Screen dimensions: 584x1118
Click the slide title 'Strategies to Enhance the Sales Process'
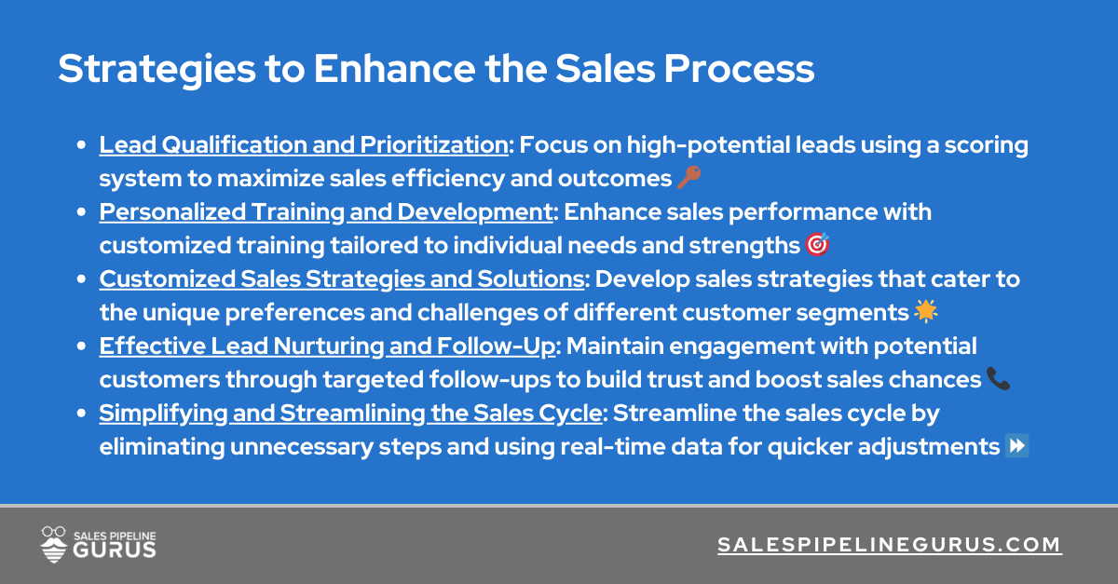tap(436, 70)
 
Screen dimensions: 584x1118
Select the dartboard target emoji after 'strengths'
tap(816, 245)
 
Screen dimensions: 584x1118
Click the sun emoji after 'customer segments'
tap(925, 312)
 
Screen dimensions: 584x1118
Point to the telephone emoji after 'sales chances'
tap(998, 379)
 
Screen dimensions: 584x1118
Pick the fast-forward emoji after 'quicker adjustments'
tap(1017, 446)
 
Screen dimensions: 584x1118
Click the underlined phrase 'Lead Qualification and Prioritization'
tap(304, 144)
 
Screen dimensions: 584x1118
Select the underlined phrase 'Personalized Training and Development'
tap(325, 211)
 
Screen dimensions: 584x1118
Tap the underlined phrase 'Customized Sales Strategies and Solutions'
tap(341, 278)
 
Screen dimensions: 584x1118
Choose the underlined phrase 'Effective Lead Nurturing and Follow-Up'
tap(328, 346)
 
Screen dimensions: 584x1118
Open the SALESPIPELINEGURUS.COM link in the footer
tap(890, 545)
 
